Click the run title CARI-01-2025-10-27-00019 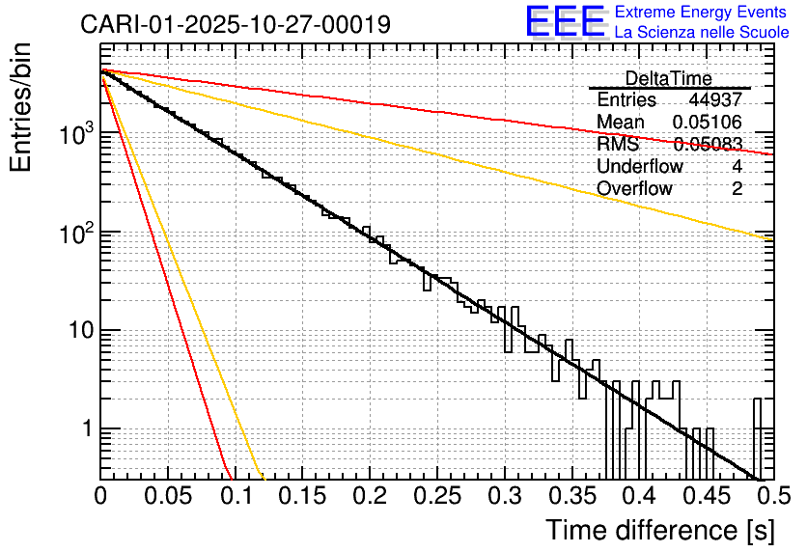coord(236,24)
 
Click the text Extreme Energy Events coord(702,13)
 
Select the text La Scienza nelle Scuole coord(702,33)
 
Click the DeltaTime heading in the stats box coord(669,78)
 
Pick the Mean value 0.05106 coord(708,123)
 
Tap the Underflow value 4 coord(737,167)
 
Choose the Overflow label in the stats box coord(634,189)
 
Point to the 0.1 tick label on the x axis coord(235,496)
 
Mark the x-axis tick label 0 coord(100,496)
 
